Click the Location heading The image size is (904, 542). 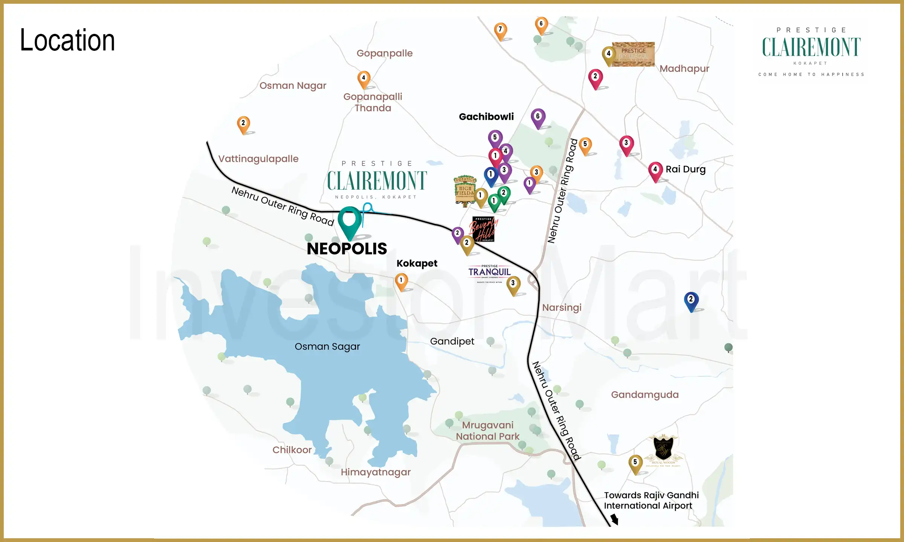pos(67,40)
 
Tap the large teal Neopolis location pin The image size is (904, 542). pos(350,220)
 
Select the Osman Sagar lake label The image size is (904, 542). pos(327,346)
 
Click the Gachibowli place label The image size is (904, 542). pos(486,117)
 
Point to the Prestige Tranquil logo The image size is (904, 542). pos(489,273)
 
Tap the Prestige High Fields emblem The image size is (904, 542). pos(465,190)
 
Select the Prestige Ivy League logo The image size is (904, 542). pos(633,55)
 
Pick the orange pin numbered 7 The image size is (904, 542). pos(500,30)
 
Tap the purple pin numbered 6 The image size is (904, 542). pos(538,117)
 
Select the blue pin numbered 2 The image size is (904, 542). pos(691,300)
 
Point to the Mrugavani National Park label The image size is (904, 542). pos(487,431)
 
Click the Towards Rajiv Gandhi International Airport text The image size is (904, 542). pos(651,500)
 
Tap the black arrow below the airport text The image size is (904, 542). pos(614,519)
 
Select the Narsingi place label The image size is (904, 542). pos(562,308)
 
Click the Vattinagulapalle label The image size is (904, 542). pos(258,159)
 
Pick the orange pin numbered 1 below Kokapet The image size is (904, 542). pos(401,281)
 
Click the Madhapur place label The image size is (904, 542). pos(684,69)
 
